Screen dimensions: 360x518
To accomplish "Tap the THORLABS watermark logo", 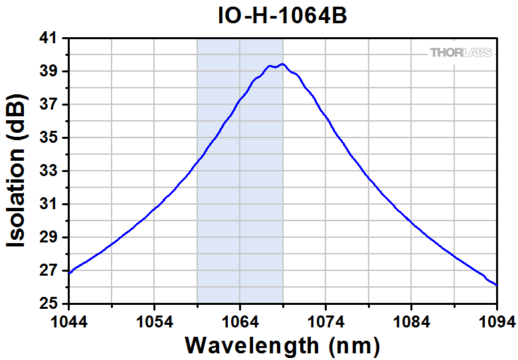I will (461, 52).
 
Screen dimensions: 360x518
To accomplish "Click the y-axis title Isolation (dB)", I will (18, 172).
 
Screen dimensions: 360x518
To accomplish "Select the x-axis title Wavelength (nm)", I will (282, 345).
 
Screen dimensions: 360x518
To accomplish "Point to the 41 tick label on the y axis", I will (49, 39).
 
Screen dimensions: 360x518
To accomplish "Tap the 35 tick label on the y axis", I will (49, 138).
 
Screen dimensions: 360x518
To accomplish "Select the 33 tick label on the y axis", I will (49, 171).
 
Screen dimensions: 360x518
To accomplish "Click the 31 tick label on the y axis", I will (49, 205).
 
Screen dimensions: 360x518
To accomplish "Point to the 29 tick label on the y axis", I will (49, 238).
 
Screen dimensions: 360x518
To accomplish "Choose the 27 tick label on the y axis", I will (49, 271).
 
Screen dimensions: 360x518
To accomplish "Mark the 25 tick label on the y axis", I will (49, 304).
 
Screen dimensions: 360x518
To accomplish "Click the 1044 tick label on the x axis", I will (68, 322).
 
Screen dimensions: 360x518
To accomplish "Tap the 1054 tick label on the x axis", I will (154, 322).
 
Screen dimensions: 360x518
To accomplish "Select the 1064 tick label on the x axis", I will (240, 322).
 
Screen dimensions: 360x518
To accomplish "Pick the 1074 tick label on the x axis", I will (325, 322).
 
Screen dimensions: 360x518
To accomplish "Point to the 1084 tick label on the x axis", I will (412, 322).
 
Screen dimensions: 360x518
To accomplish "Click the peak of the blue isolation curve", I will (283, 64).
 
